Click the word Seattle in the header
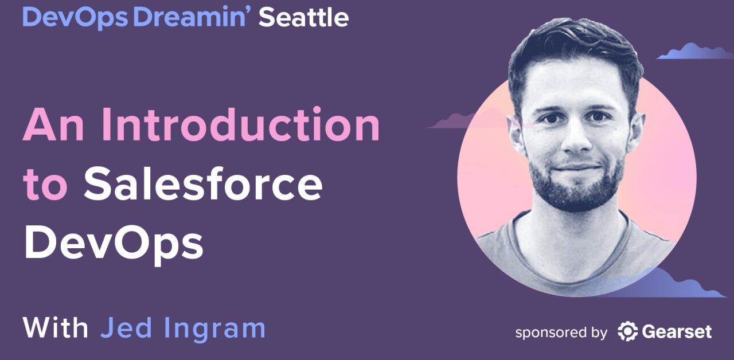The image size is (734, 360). (303, 18)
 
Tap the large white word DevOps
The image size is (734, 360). (114, 243)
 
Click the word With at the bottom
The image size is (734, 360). (56, 328)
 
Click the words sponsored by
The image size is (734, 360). (561, 332)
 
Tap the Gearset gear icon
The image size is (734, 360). (628, 332)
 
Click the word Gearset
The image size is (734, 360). (677, 332)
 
